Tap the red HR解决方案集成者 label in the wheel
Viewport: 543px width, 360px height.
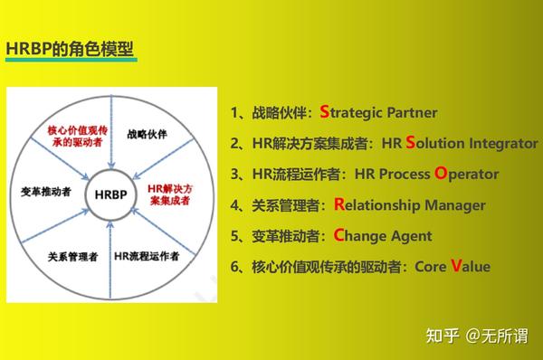click(169, 194)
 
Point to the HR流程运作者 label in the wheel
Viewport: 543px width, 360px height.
click(146, 256)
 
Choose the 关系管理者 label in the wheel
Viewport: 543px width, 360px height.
click(72, 256)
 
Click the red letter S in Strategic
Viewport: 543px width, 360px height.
click(324, 112)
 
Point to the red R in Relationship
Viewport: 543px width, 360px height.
click(339, 204)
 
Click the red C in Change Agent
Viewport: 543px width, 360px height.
click(339, 235)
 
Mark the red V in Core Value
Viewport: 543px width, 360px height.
click(456, 266)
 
